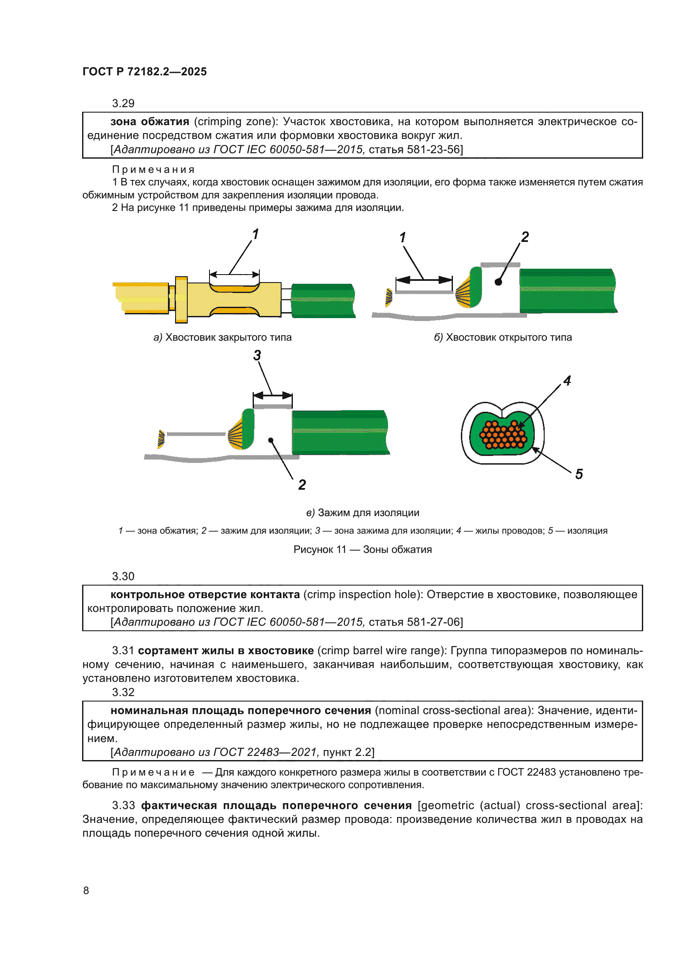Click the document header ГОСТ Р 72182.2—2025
click(145, 72)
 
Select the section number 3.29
click(123, 104)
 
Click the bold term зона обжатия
click(150, 122)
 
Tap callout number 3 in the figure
click(257, 355)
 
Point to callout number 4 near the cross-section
click(567, 381)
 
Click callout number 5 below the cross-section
click(579, 474)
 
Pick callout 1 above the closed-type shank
click(255, 234)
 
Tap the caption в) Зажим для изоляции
click(363, 513)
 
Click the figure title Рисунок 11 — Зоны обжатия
click(363, 550)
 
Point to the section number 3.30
click(123, 576)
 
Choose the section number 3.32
click(123, 692)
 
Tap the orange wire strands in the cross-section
click(503, 435)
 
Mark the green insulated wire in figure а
click(323, 301)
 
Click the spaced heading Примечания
click(153, 170)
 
